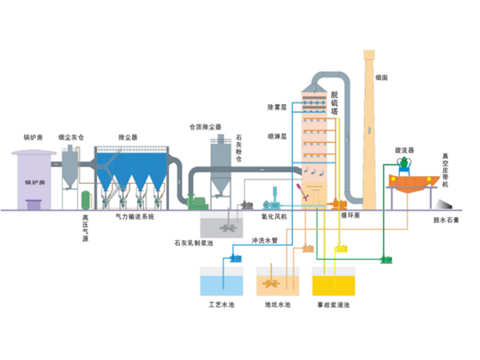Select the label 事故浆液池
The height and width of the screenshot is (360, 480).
pos(334,305)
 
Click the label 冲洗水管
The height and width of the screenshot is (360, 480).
pos(263,240)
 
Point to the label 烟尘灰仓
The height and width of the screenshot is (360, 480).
pos(72,138)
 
